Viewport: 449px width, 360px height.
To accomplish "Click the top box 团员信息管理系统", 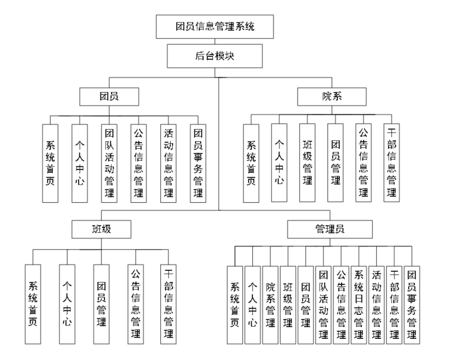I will [x=217, y=26].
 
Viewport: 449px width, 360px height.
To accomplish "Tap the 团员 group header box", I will [x=110, y=96].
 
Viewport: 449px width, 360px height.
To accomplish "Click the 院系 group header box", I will [x=332, y=96].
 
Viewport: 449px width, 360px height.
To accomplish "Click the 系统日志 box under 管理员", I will [x=359, y=304].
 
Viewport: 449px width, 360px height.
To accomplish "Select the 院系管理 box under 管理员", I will [x=270, y=304].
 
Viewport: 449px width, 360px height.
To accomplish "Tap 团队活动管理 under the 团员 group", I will [x=110, y=163].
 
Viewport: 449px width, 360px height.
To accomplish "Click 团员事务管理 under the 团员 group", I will [x=198, y=163].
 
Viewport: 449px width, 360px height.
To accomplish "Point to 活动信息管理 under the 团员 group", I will [x=169, y=163].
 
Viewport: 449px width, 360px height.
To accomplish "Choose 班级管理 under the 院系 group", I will [x=307, y=163].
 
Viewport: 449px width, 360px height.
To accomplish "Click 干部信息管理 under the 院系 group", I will [x=392, y=163].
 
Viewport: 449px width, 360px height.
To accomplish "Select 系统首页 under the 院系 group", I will [x=251, y=163].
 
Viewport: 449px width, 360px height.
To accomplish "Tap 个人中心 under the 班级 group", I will [x=67, y=304].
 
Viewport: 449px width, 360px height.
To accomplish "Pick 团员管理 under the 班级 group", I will [x=101, y=304].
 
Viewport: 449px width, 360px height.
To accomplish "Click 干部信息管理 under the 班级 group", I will [x=169, y=304].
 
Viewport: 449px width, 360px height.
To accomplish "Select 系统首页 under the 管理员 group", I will [x=235, y=304].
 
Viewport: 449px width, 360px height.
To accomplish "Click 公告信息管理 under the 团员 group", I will [x=139, y=163].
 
